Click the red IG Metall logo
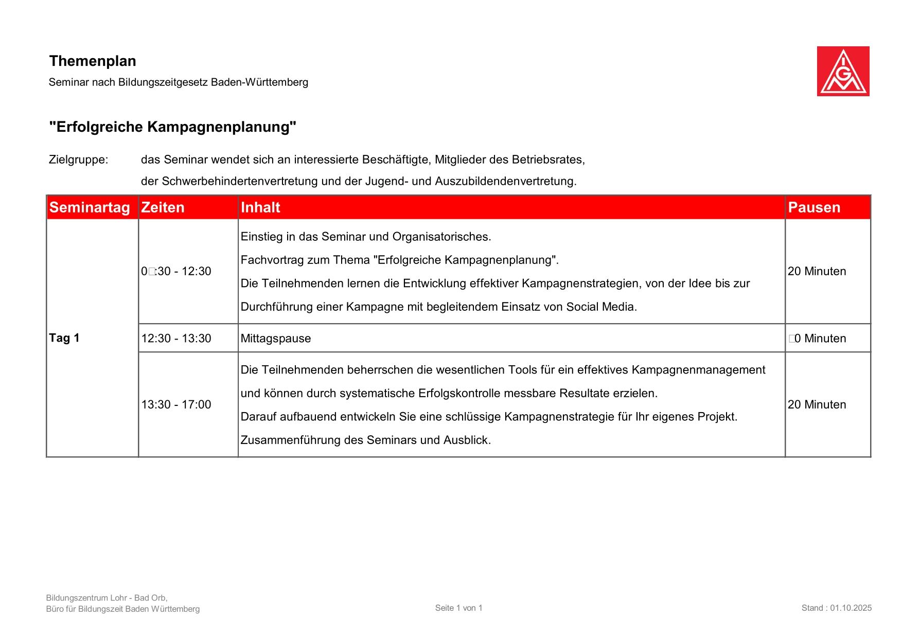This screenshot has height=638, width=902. click(843, 71)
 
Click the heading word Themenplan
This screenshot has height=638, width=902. click(93, 61)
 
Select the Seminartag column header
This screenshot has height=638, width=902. click(90, 207)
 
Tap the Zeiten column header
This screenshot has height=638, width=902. click(163, 207)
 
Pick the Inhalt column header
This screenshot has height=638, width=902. click(260, 207)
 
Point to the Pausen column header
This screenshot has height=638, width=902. click(814, 207)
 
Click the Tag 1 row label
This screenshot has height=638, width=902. click(64, 338)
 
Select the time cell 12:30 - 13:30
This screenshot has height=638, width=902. click(176, 339)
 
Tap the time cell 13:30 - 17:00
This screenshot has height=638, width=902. click(176, 404)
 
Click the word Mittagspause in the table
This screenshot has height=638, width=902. click(276, 339)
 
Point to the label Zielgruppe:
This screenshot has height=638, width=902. click(79, 159)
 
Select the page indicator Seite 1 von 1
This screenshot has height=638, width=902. click(458, 608)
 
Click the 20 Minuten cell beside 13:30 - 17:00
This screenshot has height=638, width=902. click(817, 404)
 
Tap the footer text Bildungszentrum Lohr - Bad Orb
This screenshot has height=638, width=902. click(106, 598)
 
